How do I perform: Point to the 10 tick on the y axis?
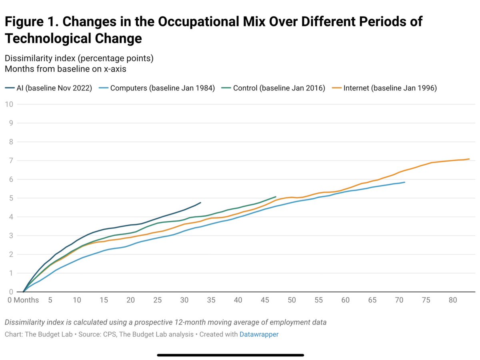9,104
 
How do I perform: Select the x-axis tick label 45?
265,300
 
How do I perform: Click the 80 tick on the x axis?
453,300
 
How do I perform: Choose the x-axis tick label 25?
158,300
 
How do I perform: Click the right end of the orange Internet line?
469,159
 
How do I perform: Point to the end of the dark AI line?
200,202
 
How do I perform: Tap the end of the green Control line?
276,197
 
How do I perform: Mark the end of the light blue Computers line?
404,182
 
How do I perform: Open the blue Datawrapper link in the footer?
259,334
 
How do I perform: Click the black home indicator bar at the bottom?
230,354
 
